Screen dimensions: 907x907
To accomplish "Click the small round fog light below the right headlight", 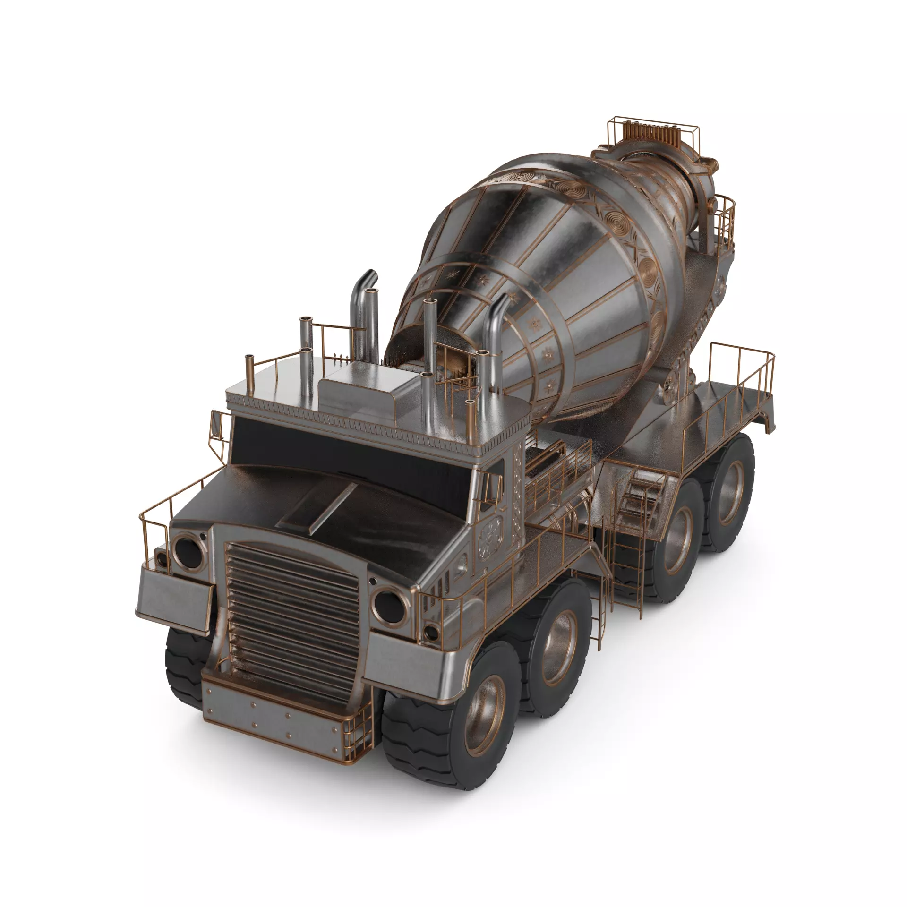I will pos(430,631).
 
